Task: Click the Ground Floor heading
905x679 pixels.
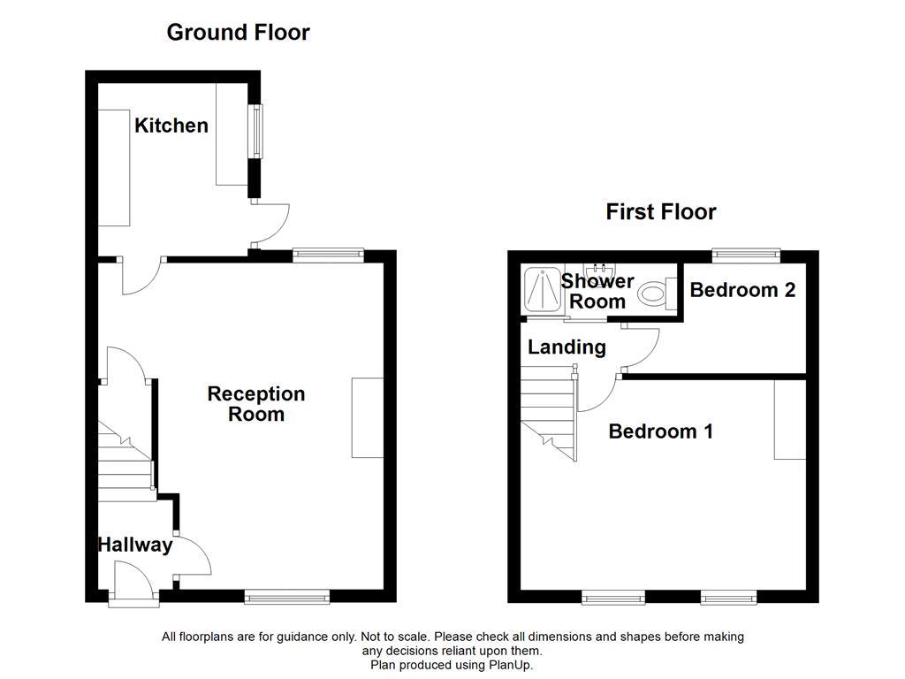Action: click(x=238, y=33)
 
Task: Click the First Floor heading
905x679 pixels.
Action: click(x=660, y=212)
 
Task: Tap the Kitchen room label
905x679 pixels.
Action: click(x=171, y=126)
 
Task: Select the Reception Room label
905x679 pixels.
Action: click(x=256, y=404)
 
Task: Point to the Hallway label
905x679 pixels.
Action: click(x=135, y=545)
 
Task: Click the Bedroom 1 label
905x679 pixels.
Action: click(x=660, y=431)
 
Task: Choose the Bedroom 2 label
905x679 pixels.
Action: click(x=742, y=290)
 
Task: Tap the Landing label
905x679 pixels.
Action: click(x=567, y=347)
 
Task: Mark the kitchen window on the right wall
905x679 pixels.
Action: click(x=255, y=131)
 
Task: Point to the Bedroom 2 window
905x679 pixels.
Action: click(x=747, y=256)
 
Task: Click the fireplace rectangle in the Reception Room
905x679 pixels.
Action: click(x=368, y=417)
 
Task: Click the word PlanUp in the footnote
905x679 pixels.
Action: click(x=511, y=665)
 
